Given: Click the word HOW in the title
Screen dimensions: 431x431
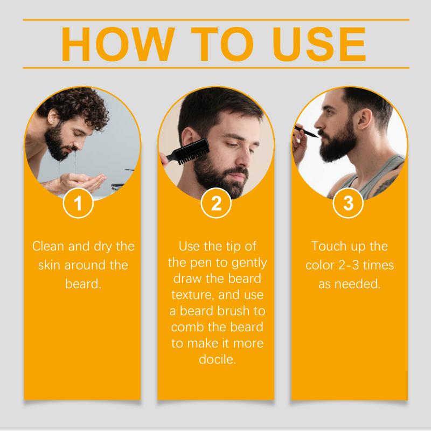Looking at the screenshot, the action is pyautogui.click(x=118, y=44).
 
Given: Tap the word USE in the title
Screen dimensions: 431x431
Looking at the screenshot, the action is pyautogui.click(x=319, y=44).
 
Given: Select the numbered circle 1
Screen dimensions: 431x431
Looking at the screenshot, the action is pyautogui.click(x=78, y=203).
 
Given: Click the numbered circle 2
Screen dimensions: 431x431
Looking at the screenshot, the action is pyautogui.click(x=216, y=203).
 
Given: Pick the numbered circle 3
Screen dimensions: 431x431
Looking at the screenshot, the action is pyautogui.click(x=348, y=203).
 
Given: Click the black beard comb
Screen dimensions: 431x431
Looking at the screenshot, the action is pyautogui.click(x=187, y=152).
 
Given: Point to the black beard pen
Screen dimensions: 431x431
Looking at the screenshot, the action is pyautogui.click(x=306, y=132).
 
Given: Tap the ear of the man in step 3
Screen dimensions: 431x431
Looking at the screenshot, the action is pyautogui.click(x=365, y=119).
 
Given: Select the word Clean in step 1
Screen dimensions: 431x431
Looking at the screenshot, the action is pyautogui.click(x=48, y=246).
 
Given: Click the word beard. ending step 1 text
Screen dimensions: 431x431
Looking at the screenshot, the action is pyautogui.click(x=84, y=283).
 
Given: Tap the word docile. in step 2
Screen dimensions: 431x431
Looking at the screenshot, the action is pyautogui.click(x=218, y=359).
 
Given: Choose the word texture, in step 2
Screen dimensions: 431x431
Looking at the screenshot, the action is pyautogui.click(x=193, y=295).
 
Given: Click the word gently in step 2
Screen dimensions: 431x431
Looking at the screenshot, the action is pyautogui.click(x=249, y=263).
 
